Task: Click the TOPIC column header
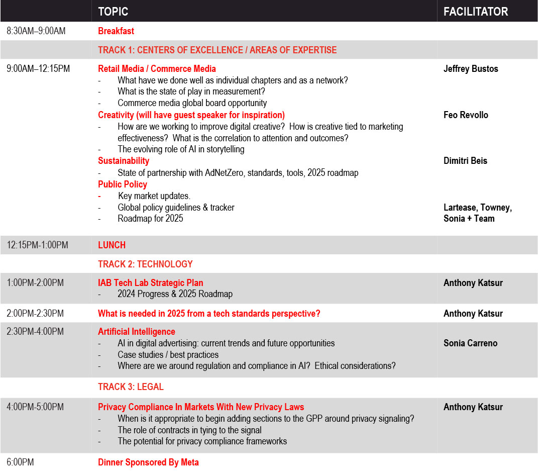pos(113,11)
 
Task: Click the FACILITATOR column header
pos(476,11)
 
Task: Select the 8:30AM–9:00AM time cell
pos(36,31)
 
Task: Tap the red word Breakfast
pos(116,31)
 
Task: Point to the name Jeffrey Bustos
pos(471,69)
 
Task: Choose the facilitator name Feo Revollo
pos(466,115)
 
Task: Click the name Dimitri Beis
pos(465,161)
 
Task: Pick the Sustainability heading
pos(124,161)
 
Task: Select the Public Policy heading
pos(123,184)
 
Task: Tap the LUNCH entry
pos(112,245)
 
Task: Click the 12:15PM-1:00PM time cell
pos(38,245)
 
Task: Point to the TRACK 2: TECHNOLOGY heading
pos(145,264)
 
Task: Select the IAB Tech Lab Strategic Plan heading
pos(151,283)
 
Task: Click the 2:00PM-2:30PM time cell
pos(35,314)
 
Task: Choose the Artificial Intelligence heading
pos(137,332)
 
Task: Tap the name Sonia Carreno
pos(470,343)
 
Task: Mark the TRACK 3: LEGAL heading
pos(131,387)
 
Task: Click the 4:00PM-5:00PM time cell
pos(35,407)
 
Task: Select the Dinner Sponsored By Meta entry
pos(148,462)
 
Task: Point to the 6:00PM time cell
pos(20,462)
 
